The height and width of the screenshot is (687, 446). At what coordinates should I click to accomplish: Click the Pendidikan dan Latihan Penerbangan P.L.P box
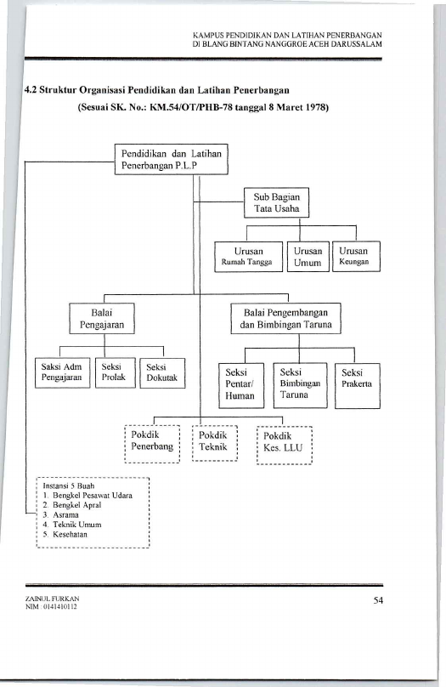pos(171,160)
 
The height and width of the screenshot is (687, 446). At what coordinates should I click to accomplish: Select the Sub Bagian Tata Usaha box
pos(276,203)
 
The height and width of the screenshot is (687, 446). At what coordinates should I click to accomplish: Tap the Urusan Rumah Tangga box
pos(248,257)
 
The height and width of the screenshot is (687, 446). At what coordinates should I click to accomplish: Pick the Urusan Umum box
pos(308,257)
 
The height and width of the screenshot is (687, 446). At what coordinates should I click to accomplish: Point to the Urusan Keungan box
pos(356,256)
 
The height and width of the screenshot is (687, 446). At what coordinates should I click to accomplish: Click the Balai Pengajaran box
pos(102,319)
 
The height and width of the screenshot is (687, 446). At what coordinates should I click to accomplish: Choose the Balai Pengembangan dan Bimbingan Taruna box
pos(285,319)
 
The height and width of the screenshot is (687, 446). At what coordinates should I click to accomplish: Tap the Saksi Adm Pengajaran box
pos(62,373)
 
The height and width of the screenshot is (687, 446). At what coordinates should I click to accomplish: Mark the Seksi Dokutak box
pos(162,373)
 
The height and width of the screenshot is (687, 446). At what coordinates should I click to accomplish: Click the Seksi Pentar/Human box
pos(241,385)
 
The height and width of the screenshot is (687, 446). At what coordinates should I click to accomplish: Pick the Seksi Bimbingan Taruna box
pos(300,385)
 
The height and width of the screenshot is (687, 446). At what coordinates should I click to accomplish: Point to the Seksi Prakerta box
pos(357,386)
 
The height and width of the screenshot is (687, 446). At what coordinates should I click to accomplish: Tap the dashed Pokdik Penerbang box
pos(152,444)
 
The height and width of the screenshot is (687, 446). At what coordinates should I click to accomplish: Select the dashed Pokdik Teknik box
pos(215,443)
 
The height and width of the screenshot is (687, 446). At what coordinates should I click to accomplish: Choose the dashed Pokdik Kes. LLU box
pos(285,445)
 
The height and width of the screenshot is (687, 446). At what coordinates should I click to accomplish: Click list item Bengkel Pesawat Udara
pos(88,496)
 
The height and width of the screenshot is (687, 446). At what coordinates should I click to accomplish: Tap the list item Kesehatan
pos(65,535)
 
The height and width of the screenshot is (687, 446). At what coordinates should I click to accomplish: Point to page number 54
pos(378,600)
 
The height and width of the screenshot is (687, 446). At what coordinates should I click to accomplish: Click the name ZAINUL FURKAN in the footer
pos(52,599)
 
